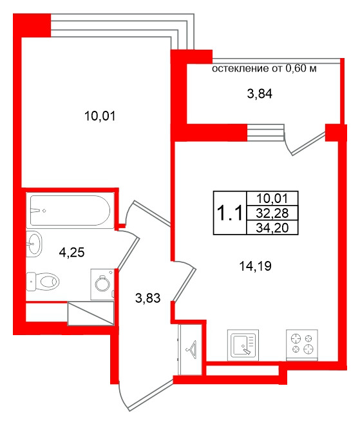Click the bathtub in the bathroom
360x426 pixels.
(70, 210)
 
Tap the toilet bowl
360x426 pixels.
(43, 282)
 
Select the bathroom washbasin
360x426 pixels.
(34, 244)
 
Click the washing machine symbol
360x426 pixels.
(102, 284)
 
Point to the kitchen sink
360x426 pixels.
(243, 345)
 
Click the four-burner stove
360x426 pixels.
(302, 345)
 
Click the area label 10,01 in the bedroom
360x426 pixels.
(100, 116)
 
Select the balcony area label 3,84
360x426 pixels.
(260, 93)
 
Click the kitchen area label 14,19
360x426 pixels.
(255, 266)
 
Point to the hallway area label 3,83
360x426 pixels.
(147, 298)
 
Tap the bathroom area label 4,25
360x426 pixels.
(71, 253)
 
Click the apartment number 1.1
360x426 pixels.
(230, 213)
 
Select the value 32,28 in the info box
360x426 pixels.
(272, 213)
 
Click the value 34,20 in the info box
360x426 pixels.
(272, 228)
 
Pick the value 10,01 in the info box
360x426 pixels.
(272, 198)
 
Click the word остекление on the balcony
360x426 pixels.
(240, 68)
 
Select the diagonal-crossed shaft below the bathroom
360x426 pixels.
(91, 313)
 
